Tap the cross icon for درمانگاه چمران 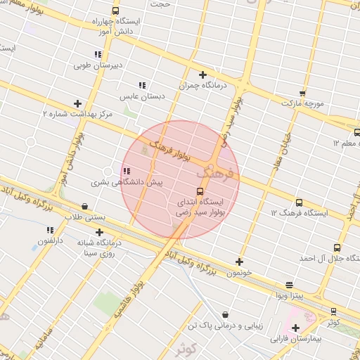pyautogui.click(x=202, y=75)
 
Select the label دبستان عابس pyautogui.click(x=142, y=96)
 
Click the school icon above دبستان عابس pyautogui.click(x=143, y=86)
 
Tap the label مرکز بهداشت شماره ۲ pyautogui.click(x=77, y=113)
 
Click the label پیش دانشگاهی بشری pyautogui.click(x=127, y=182)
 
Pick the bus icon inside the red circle pyautogui.click(x=200, y=191)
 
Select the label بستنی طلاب pyautogui.click(x=84, y=217)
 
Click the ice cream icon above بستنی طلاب pyautogui.click(x=85, y=207)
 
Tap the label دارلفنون pyautogui.click(x=50, y=240)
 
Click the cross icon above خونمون pyautogui.click(x=240, y=262)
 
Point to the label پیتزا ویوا pyautogui.click(x=290, y=295)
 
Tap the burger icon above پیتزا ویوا pyautogui.click(x=290, y=285)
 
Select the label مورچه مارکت pyautogui.click(x=302, y=103)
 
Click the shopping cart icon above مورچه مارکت pyautogui.click(x=302, y=93)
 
